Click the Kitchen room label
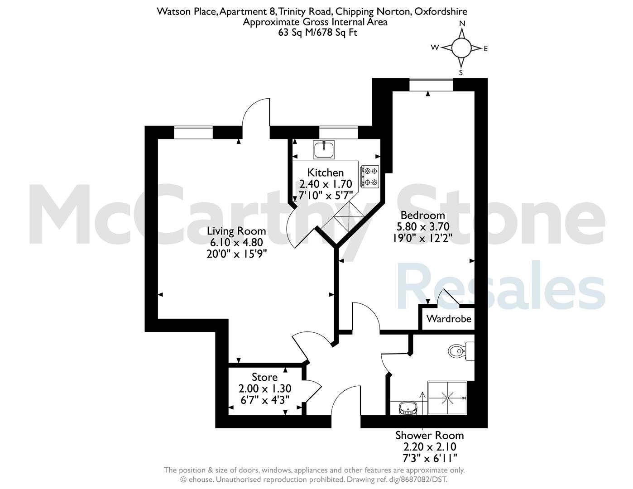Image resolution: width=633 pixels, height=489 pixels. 326,173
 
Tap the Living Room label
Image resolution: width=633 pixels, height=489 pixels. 236,231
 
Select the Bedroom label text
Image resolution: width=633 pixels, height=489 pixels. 423,215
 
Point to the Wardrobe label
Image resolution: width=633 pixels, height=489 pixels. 449,319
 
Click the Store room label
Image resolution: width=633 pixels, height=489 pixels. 264,378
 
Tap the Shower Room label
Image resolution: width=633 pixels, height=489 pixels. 429,436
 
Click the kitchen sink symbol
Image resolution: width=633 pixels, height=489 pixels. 324,150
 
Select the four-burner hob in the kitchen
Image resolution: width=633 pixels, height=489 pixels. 370,176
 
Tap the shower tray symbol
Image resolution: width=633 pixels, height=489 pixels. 447,398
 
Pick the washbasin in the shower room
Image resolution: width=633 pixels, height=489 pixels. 408,408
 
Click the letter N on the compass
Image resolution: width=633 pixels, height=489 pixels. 462,24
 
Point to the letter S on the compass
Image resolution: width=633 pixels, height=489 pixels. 461,72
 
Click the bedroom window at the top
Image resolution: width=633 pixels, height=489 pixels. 431,85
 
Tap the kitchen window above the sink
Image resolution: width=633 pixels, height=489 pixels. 339,132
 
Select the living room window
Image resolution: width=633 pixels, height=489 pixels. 193,132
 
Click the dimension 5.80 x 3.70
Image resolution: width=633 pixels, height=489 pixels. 423,226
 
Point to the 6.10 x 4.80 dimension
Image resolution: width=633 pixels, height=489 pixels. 236,243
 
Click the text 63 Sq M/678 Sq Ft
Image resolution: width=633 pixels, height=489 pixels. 317,32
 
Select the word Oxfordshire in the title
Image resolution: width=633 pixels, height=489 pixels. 441,12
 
